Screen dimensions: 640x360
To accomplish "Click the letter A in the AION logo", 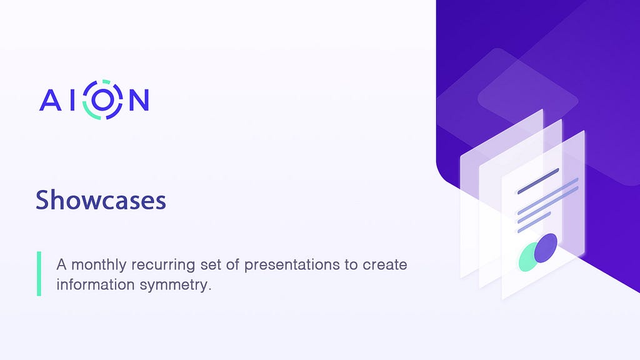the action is [51, 100].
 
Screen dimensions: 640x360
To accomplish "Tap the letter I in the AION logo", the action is [72, 100].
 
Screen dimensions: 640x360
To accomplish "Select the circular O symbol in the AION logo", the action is [102, 99].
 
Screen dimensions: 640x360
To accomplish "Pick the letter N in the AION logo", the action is [139, 100].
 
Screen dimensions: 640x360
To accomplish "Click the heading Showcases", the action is [101, 200].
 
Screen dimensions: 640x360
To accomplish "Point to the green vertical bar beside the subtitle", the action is [39, 274].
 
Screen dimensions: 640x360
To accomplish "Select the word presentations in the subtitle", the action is [292, 265].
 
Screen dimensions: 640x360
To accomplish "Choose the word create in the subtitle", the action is [385, 265].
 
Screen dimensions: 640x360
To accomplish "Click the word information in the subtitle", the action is [96, 284].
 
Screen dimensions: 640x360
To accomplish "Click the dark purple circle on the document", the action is [546, 247].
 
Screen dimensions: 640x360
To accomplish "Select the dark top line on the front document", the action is [538, 181].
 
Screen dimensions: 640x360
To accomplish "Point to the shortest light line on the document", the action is [534, 222].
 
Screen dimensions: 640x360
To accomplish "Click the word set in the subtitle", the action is [210, 265].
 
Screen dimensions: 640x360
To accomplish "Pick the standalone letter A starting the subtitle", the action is [61, 264].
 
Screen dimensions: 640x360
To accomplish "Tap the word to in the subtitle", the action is [351, 265].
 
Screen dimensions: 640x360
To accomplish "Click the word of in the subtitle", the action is [232, 264].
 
